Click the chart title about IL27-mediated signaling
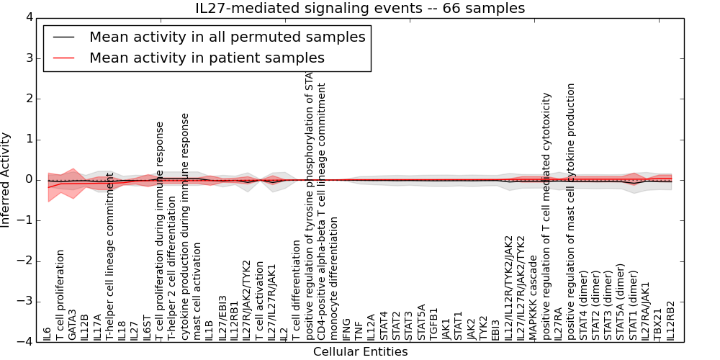click(x=360, y=8)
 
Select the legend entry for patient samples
click(x=207, y=58)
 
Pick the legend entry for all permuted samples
click(x=227, y=37)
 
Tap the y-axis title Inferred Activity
click(x=6, y=179)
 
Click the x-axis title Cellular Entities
click(x=360, y=352)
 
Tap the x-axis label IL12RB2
click(x=671, y=320)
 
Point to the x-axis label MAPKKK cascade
click(x=534, y=295)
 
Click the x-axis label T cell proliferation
click(x=60, y=295)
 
